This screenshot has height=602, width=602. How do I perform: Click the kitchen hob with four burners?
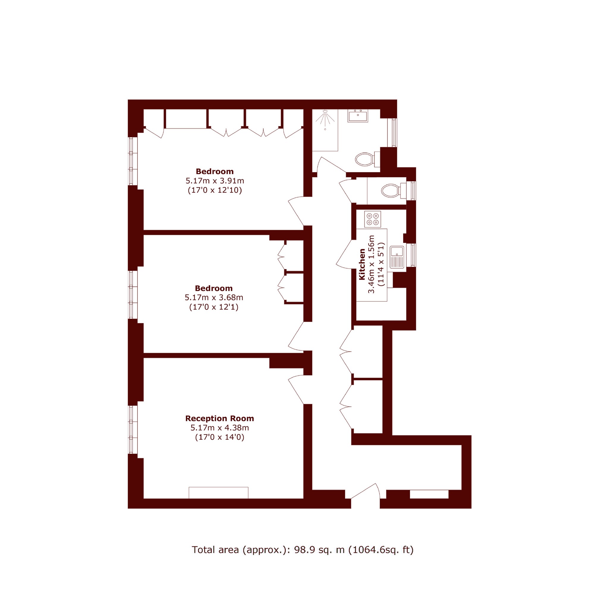tap(373, 219)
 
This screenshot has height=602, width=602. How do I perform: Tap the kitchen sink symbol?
tap(397, 257)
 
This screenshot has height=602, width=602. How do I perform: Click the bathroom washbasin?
tap(358, 116)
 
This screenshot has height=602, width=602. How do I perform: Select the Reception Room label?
tap(220, 418)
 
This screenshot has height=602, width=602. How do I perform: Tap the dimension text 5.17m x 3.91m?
tap(215, 180)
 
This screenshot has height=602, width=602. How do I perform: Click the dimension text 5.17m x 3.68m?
tap(214, 297)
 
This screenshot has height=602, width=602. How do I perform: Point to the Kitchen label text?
tap(362, 264)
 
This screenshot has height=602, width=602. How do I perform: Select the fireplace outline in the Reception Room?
tap(219, 493)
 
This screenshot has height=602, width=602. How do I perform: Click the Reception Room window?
tap(133, 429)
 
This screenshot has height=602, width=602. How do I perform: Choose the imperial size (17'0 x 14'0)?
tap(220, 437)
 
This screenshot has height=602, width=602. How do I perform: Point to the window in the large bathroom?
tap(394, 132)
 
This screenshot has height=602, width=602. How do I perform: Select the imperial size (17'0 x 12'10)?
tap(215, 190)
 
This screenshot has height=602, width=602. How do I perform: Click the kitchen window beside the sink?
tap(413, 255)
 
